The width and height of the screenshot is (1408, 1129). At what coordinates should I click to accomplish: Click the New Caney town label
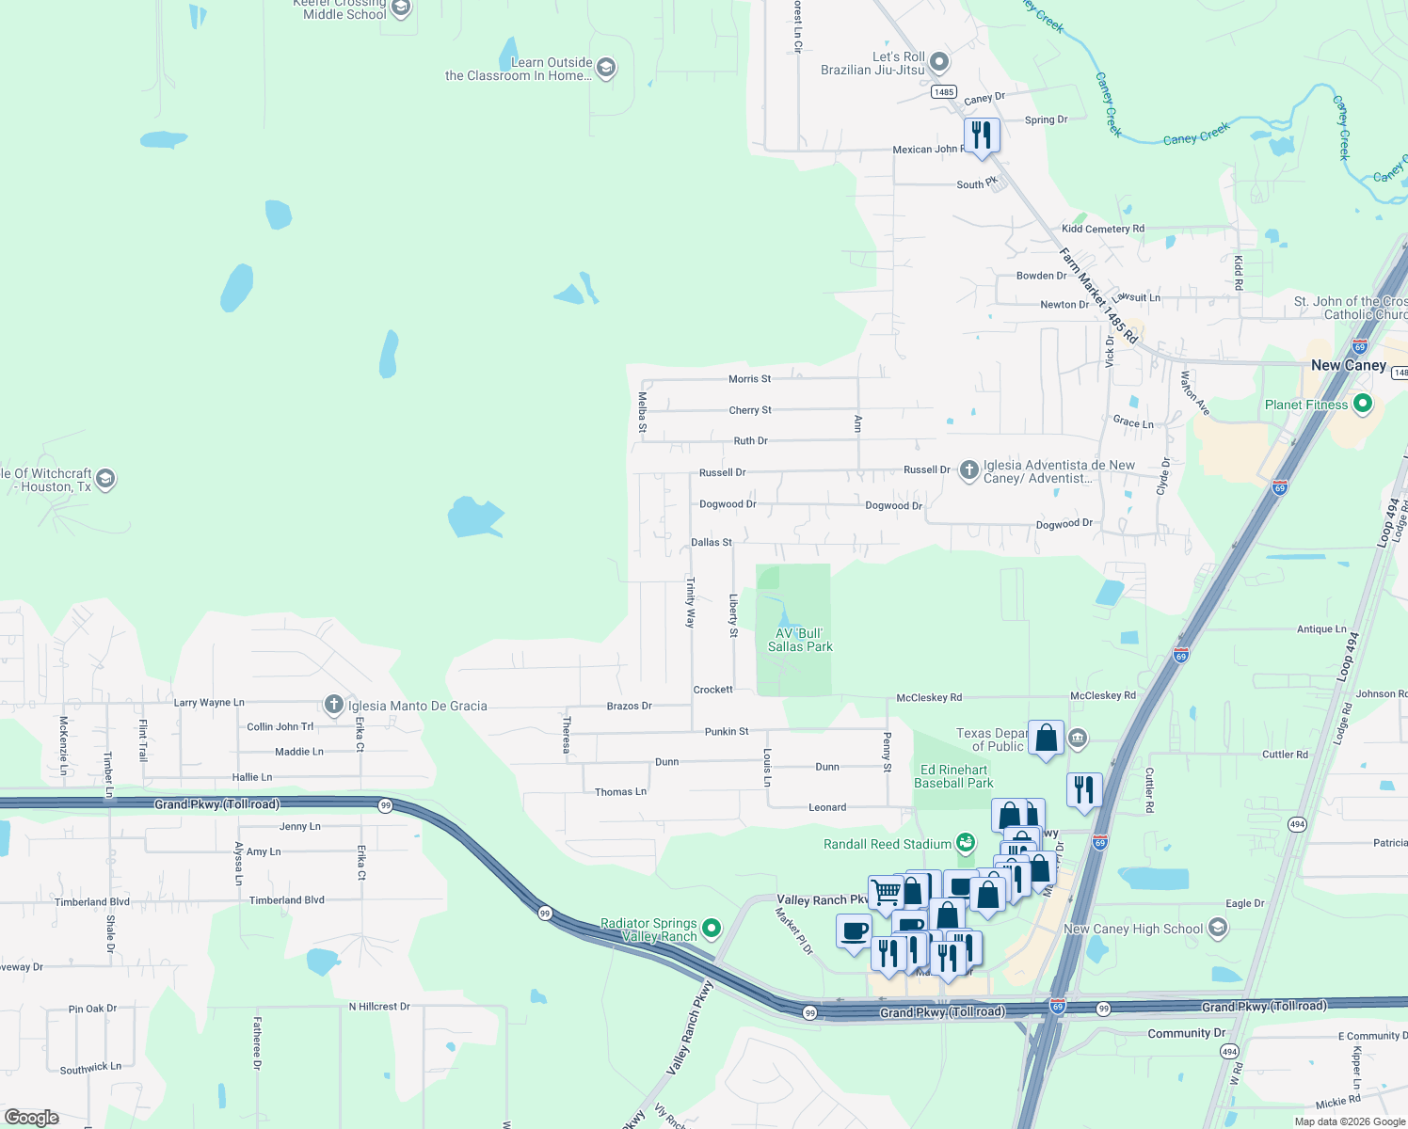click(1348, 365)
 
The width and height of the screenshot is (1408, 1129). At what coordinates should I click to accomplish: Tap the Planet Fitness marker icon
click(1362, 405)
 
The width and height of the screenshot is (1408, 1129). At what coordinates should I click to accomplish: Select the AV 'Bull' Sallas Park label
click(800, 640)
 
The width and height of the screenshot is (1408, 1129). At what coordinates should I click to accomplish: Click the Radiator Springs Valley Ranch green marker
click(712, 929)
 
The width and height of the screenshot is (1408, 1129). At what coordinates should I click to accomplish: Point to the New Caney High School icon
click(1218, 929)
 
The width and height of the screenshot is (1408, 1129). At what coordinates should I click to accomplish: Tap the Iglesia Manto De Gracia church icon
click(333, 705)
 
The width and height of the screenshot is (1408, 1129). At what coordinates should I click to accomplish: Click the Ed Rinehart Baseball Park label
click(953, 776)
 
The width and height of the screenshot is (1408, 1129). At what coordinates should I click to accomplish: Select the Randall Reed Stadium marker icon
click(966, 843)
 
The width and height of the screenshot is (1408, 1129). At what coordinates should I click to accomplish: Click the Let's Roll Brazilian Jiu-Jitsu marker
click(938, 63)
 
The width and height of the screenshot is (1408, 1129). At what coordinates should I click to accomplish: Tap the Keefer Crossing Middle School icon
click(401, 9)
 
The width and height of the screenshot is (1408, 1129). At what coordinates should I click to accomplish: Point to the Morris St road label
click(749, 379)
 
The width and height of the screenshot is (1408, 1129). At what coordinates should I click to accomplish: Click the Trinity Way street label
click(690, 602)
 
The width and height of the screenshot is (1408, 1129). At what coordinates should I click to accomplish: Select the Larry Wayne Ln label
click(209, 703)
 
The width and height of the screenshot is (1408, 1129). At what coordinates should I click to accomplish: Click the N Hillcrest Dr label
click(379, 1007)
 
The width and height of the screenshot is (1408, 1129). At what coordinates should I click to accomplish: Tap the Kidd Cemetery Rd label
click(1102, 229)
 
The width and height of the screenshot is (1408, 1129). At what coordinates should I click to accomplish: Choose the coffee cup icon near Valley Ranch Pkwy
click(854, 931)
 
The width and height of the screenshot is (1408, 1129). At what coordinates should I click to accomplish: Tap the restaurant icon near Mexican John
click(981, 135)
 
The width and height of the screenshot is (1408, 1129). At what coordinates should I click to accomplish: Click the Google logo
click(32, 1118)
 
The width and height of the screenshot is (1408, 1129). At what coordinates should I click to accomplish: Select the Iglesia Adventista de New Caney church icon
click(968, 470)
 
